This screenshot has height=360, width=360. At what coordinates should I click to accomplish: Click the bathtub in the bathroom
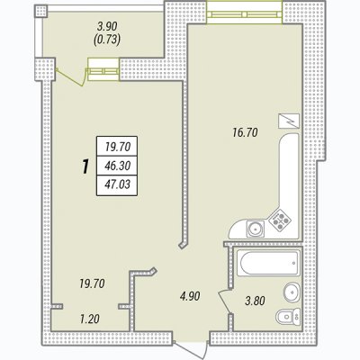click(268, 263)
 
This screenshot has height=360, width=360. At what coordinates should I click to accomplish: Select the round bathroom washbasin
click(291, 291)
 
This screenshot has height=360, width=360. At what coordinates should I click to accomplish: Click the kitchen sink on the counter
click(256, 229)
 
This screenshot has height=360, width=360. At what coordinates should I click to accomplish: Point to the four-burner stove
click(280, 220)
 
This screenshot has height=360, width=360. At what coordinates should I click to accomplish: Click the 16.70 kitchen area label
click(245, 132)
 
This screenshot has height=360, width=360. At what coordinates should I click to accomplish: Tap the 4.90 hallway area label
click(190, 296)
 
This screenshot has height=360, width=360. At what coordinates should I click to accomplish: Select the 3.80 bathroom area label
click(255, 301)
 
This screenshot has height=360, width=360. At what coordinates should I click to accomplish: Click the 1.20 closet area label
click(89, 319)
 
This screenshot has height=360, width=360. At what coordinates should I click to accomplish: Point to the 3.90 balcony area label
click(107, 26)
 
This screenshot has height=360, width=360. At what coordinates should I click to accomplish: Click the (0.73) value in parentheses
click(107, 40)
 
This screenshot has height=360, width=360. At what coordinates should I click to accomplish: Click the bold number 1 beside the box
click(85, 167)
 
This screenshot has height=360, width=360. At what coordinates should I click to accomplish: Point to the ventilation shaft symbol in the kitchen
click(289, 121)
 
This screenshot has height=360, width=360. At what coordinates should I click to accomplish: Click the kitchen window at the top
click(245, 13)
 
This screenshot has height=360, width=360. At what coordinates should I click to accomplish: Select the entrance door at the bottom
click(191, 349)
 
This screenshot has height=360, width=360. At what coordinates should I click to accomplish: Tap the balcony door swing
click(70, 77)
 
